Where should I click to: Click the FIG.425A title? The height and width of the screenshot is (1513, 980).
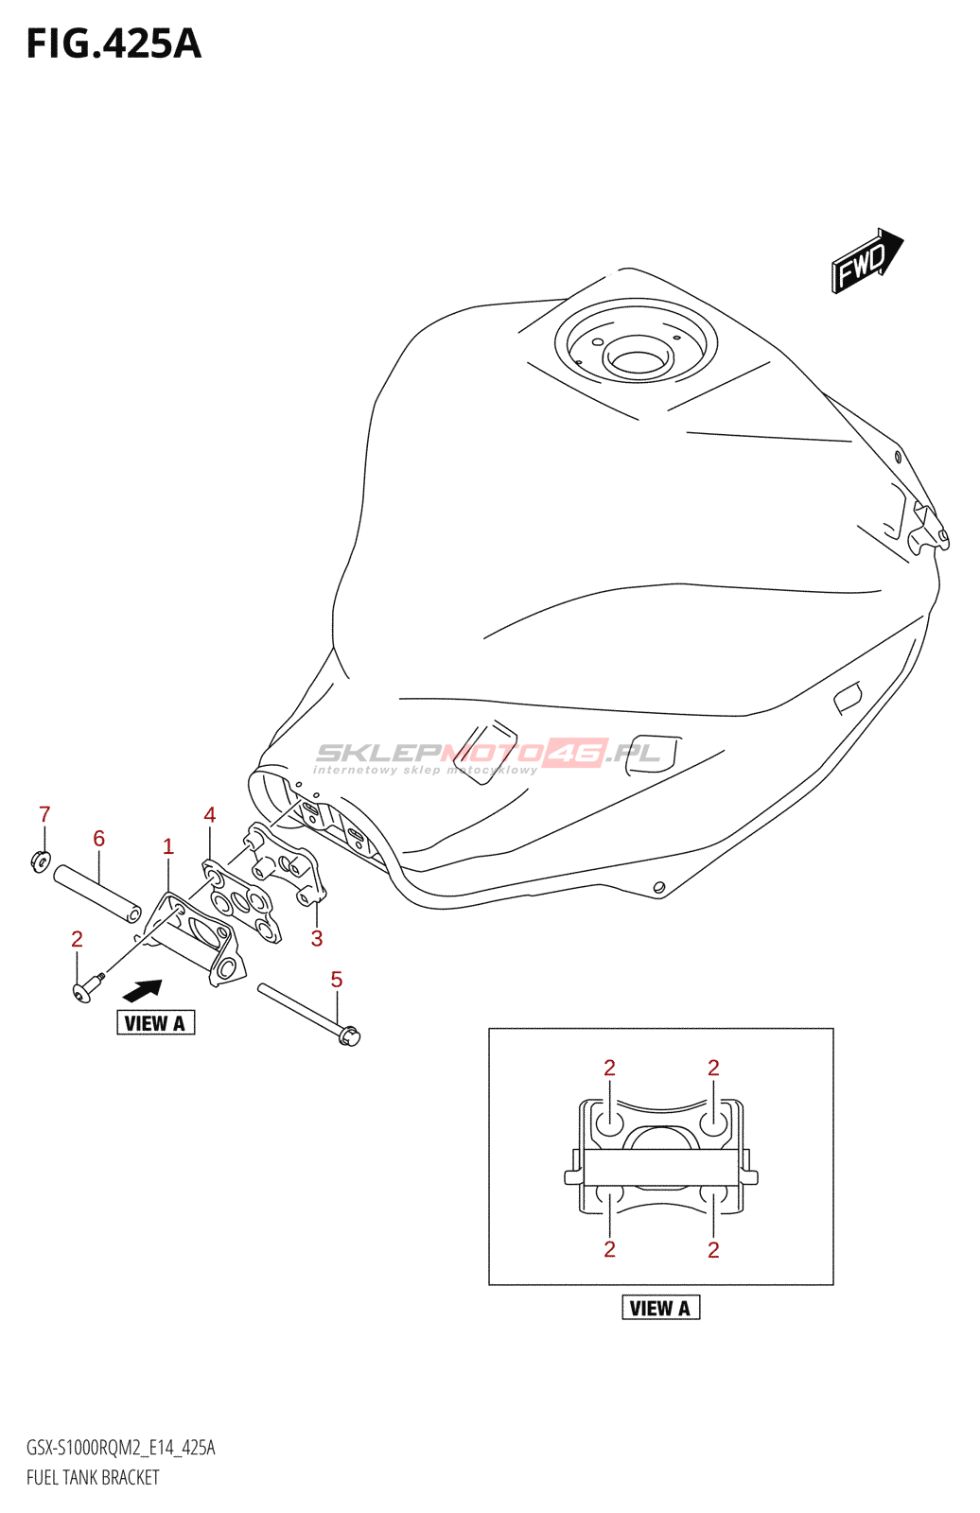click(x=114, y=44)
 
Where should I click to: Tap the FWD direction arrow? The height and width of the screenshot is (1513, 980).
click(x=866, y=260)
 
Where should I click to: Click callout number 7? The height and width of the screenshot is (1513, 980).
click(x=44, y=814)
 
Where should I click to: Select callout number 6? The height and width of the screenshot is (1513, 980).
click(x=98, y=839)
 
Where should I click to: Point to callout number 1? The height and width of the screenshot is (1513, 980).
click(x=168, y=846)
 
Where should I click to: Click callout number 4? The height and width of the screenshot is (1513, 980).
click(x=210, y=815)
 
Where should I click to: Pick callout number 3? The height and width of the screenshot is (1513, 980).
click(x=317, y=938)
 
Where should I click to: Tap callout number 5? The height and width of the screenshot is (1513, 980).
click(x=337, y=980)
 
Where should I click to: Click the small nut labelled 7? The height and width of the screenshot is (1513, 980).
click(x=40, y=861)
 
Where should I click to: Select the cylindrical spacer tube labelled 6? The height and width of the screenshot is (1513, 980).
click(x=97, y=894)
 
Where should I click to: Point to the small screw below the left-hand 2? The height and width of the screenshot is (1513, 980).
click(x=83, y=989)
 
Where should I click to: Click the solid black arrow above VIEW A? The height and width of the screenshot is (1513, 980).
click(x=142, y=990)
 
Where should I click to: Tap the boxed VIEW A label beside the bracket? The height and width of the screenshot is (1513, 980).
click(x=155, y=1023)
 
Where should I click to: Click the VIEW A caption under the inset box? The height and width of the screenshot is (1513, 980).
click(x=660, y=1308)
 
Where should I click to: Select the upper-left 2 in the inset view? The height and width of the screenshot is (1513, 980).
click(x=610, y=1068)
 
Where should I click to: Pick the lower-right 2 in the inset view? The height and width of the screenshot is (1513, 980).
click(x=713, y=1250)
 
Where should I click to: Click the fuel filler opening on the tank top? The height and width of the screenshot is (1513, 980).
click(x=637, y=359)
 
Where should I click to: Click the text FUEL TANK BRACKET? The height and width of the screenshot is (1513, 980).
click(x=93, y=1478)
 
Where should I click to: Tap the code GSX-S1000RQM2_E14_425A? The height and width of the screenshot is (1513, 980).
click(x=121, y=1448)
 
